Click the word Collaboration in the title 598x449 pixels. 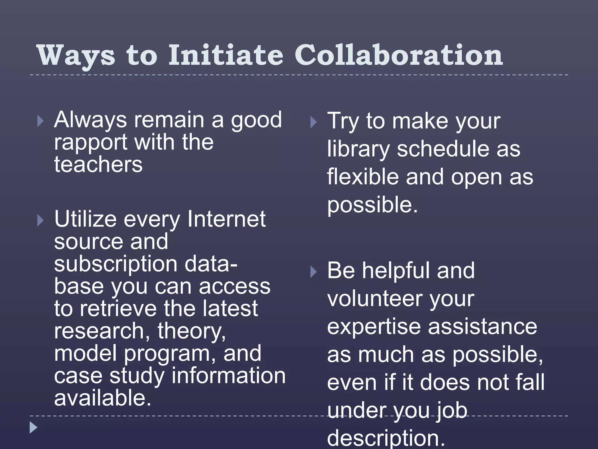coord(399,56)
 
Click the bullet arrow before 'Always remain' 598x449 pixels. coord(41,121)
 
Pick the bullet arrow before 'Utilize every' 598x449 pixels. coord(41,221)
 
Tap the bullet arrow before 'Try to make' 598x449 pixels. coord(313,122)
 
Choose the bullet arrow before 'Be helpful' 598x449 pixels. coord(313,272)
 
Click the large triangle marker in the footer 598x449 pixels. coord(34,428)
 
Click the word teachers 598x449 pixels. coord(98,164)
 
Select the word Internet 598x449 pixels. coord(226,219)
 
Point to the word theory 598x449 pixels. coord(192,331)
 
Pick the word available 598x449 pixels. coord(102,398)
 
